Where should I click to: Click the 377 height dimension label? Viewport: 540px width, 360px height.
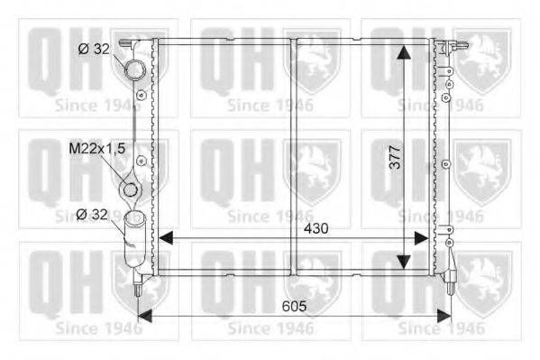point(396,157)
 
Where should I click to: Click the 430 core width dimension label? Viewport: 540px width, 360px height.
point(316,228)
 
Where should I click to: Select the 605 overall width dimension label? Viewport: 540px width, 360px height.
point(294,306)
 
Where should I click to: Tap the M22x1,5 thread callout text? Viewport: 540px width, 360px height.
point(96,149)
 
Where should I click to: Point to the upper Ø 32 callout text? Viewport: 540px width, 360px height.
point(94,49)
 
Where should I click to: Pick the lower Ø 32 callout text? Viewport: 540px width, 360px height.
point(92,215)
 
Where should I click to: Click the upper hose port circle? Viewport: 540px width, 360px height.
point(135,69)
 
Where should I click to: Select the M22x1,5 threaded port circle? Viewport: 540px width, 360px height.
point(130,190)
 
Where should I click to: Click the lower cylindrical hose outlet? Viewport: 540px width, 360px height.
point(134,238)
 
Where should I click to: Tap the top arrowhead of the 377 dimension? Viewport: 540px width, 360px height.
point(404,52)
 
